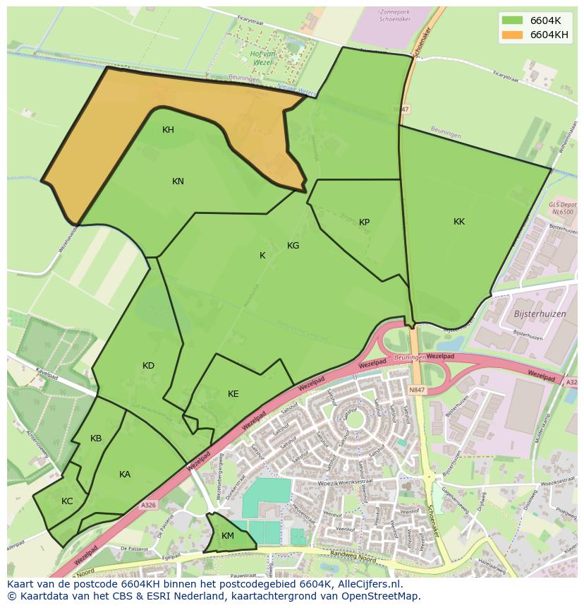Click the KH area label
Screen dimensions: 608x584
click(x=168, y=130)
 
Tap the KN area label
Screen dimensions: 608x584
click(x=178, y=181)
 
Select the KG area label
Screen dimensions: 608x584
click(x=293, y=246)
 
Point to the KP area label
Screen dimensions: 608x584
click(x=364, y=222)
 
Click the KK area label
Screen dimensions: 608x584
click(x=459, y=222)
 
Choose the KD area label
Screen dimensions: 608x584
click(x=148, y=366)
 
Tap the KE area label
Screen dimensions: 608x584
click(x=233, y=394)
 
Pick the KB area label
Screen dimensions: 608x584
click(x=96, y=439)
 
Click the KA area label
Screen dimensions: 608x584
click(x=125, y=475)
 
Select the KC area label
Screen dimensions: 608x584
click(x=67, y=501)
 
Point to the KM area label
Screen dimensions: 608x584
click(x=227, y=536)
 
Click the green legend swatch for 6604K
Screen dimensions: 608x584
click(x=512, y=20)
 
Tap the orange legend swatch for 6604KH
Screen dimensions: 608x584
click(x=512, y=35)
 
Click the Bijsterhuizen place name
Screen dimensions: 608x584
click(x=541, y=314)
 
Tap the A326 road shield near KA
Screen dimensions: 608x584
click(x=147, y=505)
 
